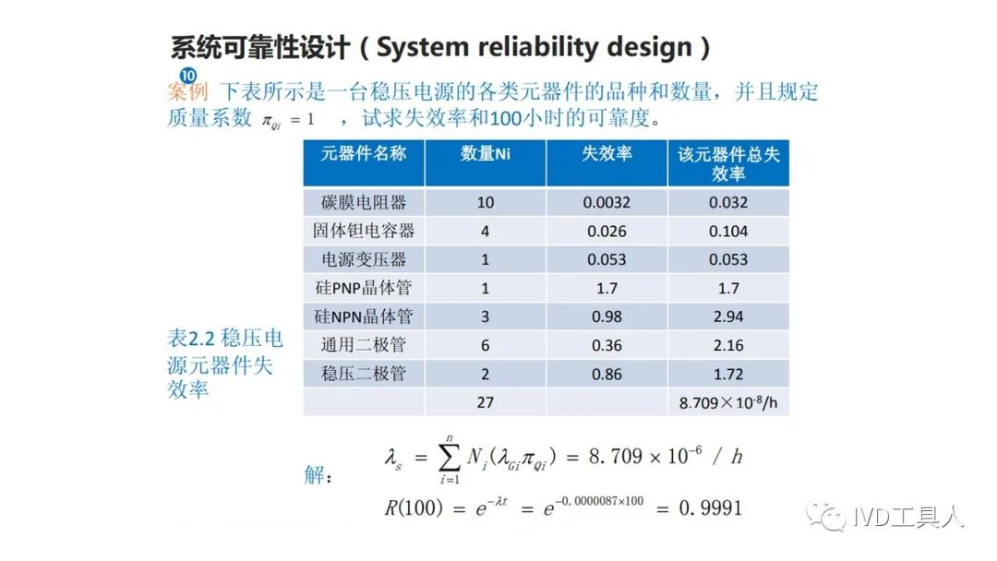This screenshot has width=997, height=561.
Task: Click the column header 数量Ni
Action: [x=486, y=154]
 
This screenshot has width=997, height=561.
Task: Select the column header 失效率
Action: [x=607, y=154]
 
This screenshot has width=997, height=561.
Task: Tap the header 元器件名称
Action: [x=363, y=154]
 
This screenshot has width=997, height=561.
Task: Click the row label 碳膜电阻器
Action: [x=363, y=203]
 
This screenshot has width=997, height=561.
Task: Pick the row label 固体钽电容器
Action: [x=363, y=231]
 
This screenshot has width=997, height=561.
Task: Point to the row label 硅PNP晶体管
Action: [x=363, y=288]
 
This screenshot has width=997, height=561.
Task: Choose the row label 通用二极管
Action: [x=363, y=345]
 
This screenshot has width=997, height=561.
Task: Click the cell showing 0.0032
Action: [x=607, y=203]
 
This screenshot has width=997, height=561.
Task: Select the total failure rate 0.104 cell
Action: [x=728, y=232]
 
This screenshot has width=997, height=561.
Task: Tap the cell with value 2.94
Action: [x=728, y=316]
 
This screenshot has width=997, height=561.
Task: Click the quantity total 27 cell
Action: [x=486, y=402]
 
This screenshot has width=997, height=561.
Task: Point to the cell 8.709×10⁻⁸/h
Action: [x=728, y=402]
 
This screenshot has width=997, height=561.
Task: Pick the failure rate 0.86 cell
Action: [x=607, y=375]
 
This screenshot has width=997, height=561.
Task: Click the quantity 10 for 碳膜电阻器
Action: [x=486, y=203]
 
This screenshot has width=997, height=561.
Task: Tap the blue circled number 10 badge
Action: [x=187, y=76]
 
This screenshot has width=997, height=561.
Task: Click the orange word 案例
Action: [x=187, y=92]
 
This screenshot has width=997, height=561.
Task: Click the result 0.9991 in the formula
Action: [x=710, y=508]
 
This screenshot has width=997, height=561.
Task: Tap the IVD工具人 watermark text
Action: [x=907, y=517]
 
